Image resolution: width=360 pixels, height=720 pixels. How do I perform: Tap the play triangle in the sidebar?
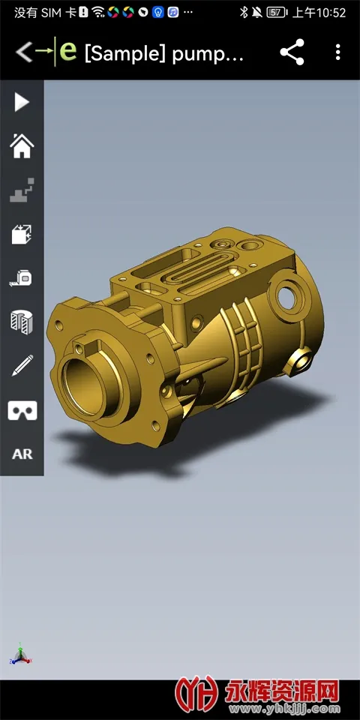click(x=21, y=102)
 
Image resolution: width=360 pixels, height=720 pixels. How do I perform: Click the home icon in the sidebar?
click(x=22, y=145)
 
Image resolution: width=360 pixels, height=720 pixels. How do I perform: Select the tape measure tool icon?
click(x=22, y=278)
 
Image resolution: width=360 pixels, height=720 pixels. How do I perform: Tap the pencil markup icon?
click(x=22, y=365)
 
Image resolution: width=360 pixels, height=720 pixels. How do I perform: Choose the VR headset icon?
click(x=22, y=410)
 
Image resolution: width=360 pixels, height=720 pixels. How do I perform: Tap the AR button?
click(x=22, y=454)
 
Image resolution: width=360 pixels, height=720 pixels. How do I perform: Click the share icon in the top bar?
click(x=292, y=52)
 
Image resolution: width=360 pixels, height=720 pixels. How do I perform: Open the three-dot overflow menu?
click(x=338, y=52)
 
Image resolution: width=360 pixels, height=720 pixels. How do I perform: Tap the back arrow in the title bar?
click(x=24, y=52)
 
